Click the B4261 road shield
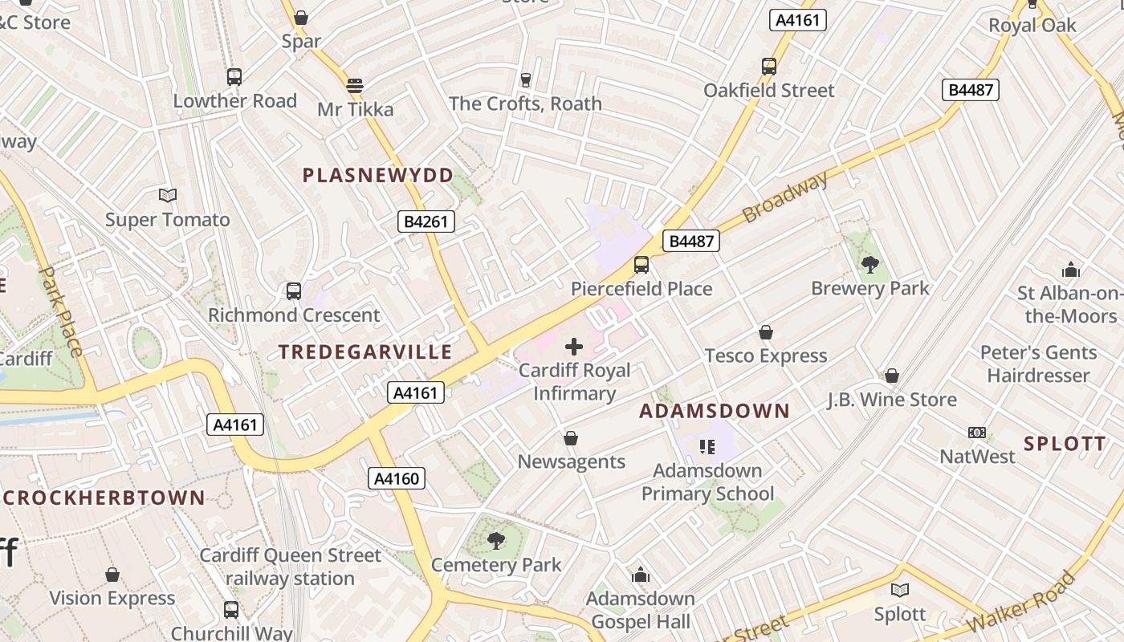tap(426, 221)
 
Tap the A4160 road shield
tap(397, 479)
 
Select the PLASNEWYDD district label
tap(377, 176)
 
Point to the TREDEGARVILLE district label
tap(365, 352)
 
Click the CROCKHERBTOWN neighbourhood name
tap(105, 498)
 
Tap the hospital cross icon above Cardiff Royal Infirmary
tap(574, 347)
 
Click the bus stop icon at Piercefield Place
tap(641, 264)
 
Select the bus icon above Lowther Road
tap(234, 77)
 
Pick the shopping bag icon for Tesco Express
tap(766, 332)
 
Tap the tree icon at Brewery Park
tap(869, 264)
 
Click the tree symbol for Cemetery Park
tap(496, 540)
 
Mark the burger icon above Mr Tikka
tap(355, 85)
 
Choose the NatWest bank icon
tap(977, 433)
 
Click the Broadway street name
tap(784, 197)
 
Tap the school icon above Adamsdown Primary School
tap(707, 446)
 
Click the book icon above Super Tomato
tap(168, 195)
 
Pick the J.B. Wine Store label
tap(892, 400)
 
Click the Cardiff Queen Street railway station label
tap(290, 567)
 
